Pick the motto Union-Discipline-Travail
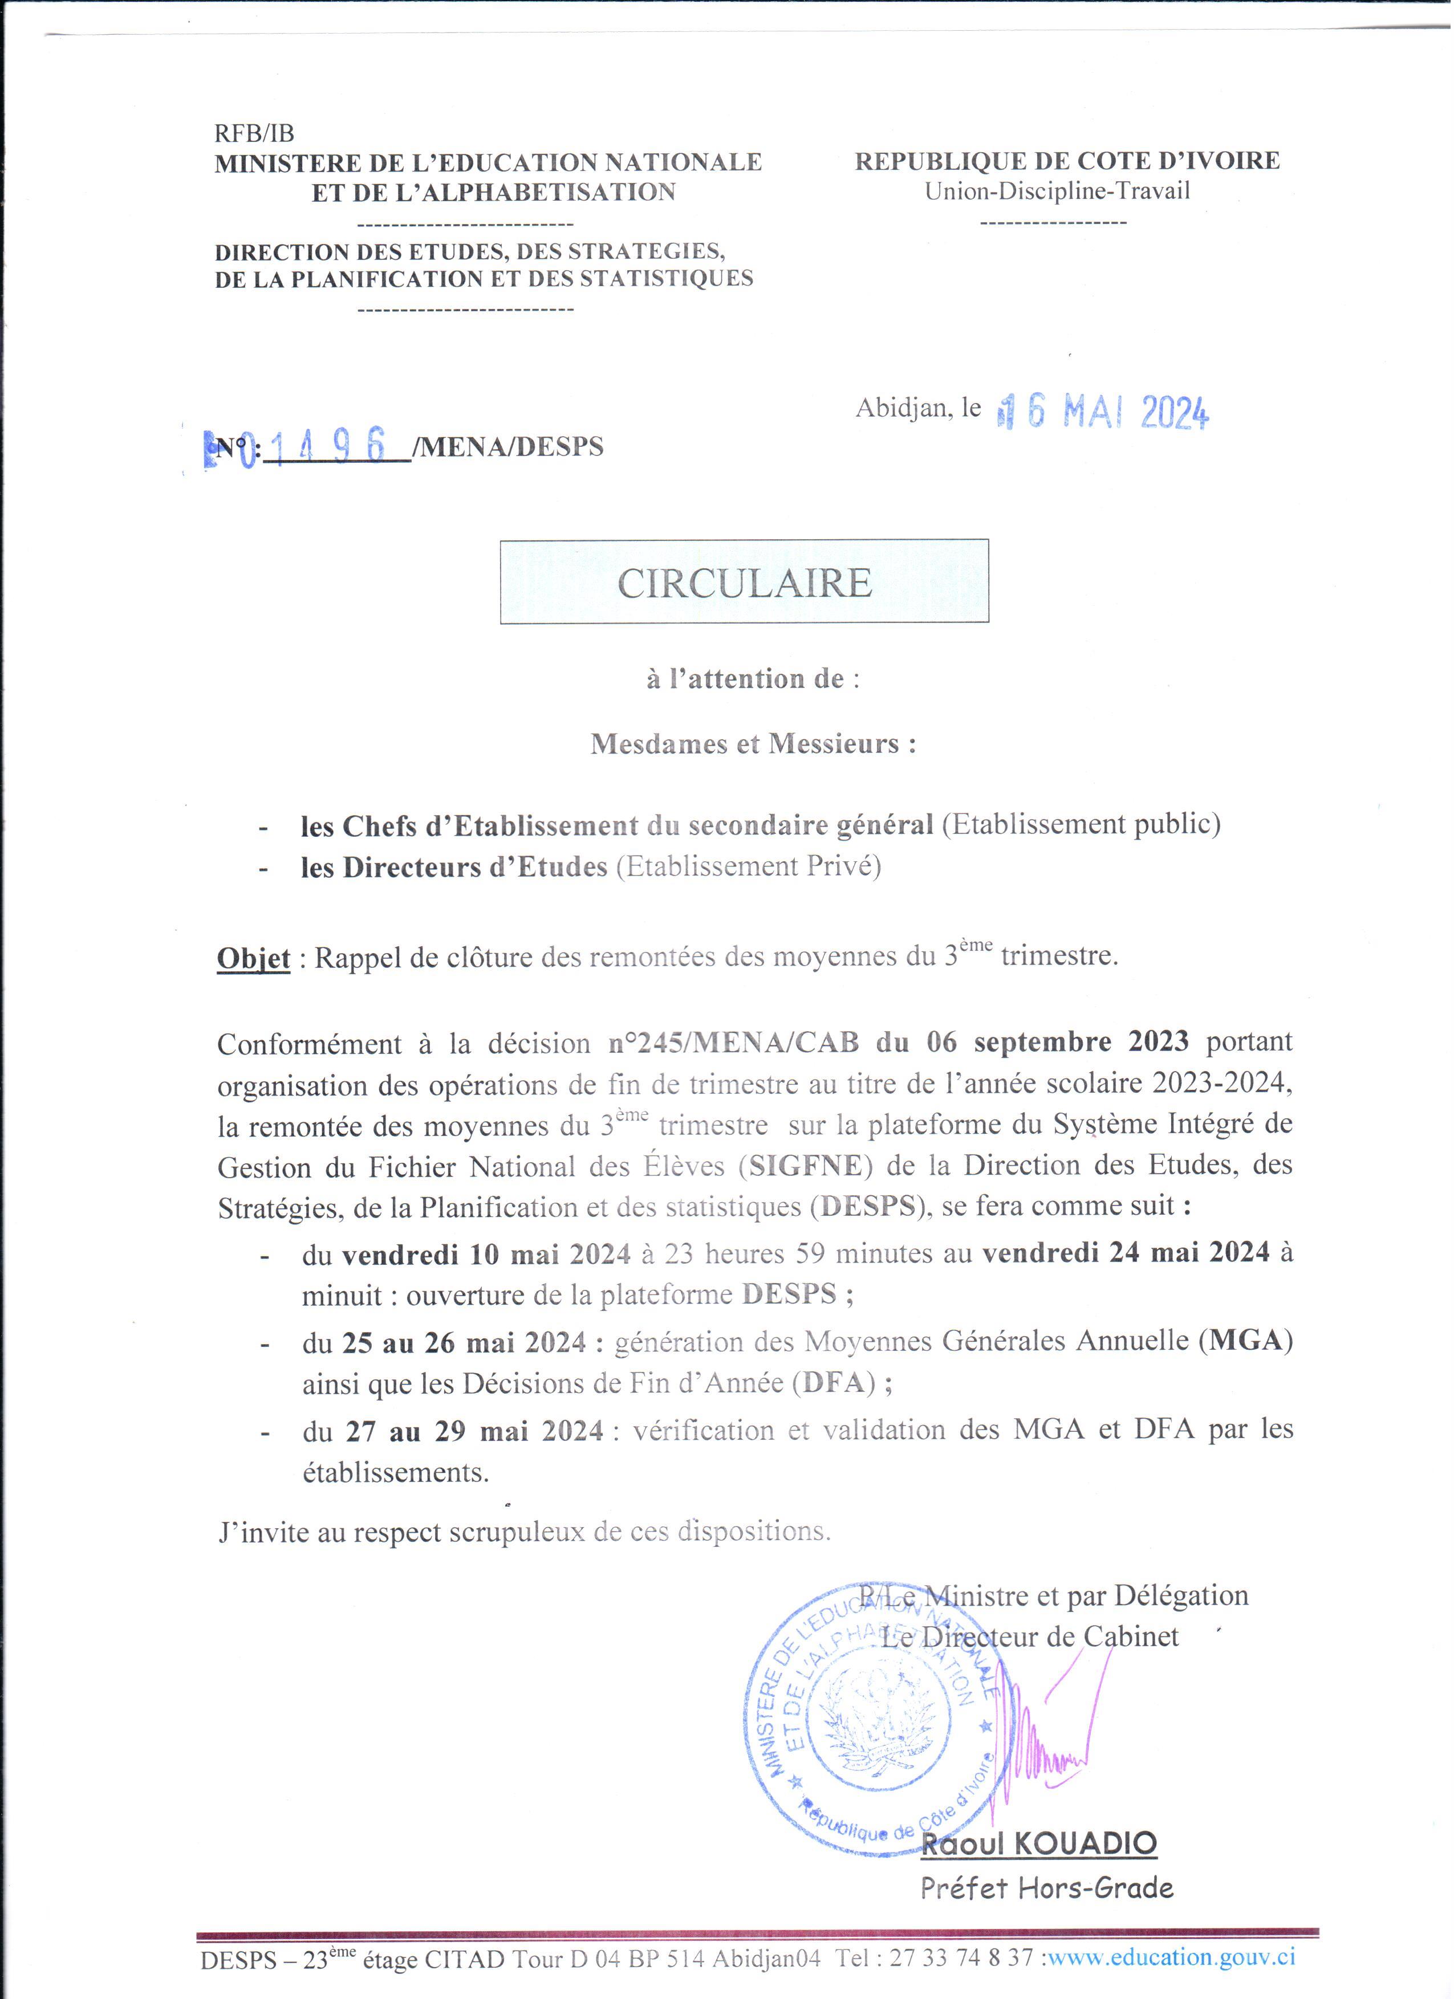coord(1057,192)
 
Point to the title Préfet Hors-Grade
coord(1047,1888)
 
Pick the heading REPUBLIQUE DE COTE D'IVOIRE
coord(1067,161)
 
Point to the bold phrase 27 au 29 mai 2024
coord(474,1431)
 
